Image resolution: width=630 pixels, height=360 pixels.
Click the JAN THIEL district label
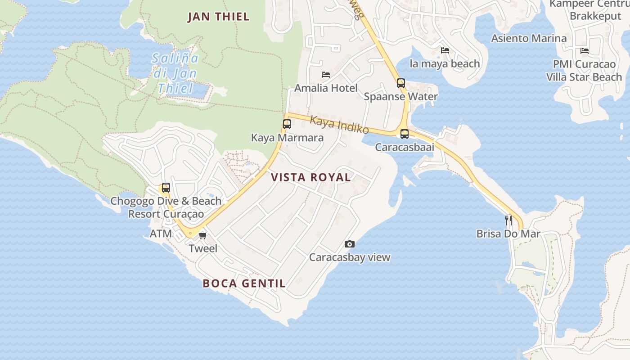pos(218,17)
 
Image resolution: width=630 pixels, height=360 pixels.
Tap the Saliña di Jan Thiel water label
pos(175,73)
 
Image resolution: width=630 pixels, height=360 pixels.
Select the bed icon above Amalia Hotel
pos(326,75)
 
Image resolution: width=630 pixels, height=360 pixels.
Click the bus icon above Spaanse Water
pos(400,83)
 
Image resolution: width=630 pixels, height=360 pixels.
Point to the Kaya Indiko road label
pos(340,125)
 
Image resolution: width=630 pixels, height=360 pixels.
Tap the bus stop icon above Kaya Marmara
pos(287,124)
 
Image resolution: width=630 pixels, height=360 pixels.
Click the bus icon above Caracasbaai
pos(405,134)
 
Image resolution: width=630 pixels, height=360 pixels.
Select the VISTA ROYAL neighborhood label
pos(311,177)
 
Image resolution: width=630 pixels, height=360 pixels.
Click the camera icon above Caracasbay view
pos(349,244)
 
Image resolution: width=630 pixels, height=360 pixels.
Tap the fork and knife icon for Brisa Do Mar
pos(508,220)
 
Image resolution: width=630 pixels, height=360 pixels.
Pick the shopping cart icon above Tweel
pos(203,235)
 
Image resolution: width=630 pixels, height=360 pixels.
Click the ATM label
pos(161,234)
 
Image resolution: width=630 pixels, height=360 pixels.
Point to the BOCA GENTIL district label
pos(244,283)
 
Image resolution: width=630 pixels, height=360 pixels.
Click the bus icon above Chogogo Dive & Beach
pos(166,188)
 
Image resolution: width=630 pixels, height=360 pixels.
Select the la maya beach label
pos(445,64)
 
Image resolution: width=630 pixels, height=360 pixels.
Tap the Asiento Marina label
pos(529,38)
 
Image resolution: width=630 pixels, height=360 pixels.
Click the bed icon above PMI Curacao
pos(584,51)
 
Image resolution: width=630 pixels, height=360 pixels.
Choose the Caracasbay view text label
pos(349,257)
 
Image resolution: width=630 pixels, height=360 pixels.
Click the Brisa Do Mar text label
pos(508,234)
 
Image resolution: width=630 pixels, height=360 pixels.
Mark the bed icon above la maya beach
pos(445,50)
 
